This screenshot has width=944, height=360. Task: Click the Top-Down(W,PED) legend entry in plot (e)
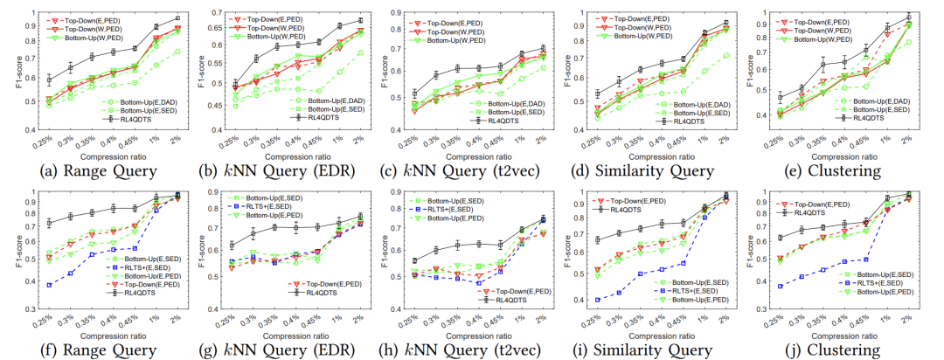pyautogui.click(x=816, y=29)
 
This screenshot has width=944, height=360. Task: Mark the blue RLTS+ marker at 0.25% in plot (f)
pyautogui.click(x=49, y=285)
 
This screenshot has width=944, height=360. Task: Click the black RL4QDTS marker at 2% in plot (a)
pyautogui.click(x=177, y=17)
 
